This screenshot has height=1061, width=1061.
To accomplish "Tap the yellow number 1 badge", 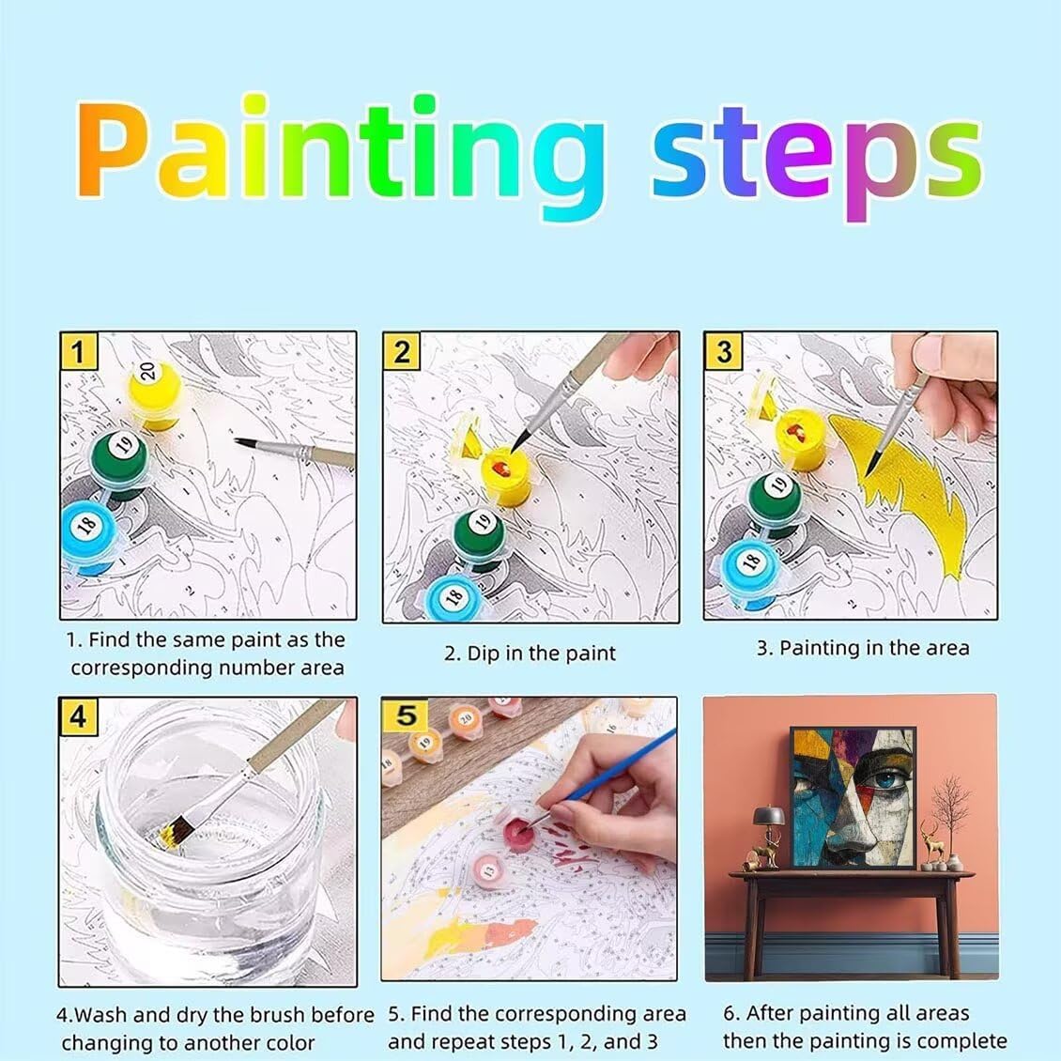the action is (x=79, y=351).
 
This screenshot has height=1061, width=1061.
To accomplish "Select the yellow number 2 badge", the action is (x=401, y=351).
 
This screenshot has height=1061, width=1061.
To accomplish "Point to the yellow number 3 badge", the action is (x=723, y=351).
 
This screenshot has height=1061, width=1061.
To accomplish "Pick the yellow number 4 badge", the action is (x=79, y=716).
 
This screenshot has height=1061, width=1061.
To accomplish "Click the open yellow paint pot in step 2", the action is (x=506, y=473).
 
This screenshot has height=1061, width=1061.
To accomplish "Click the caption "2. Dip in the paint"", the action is (x=530, y=654).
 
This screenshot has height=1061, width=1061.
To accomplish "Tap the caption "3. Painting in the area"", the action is (x=863, y=648).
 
